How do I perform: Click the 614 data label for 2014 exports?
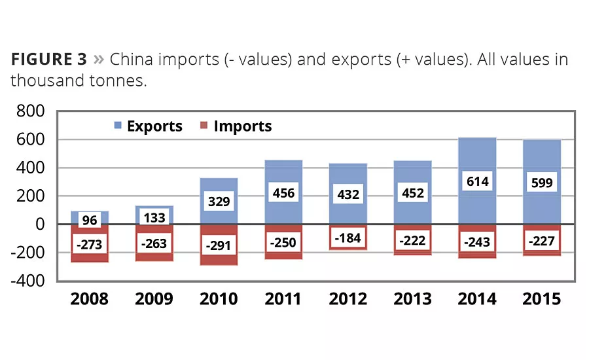tap(478, 181)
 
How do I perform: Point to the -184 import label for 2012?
tap(348, 238)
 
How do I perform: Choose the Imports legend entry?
tap(236, 126)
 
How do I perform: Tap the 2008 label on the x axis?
tap(90, 299)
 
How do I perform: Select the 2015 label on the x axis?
tap(542, 299)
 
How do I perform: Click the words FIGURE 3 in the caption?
tap(48, 60)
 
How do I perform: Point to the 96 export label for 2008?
tap(90, 221)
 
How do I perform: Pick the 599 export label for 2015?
tap(542, 183)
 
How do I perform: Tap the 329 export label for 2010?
tap(219, 201)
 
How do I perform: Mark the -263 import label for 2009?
tap(154, 244)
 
